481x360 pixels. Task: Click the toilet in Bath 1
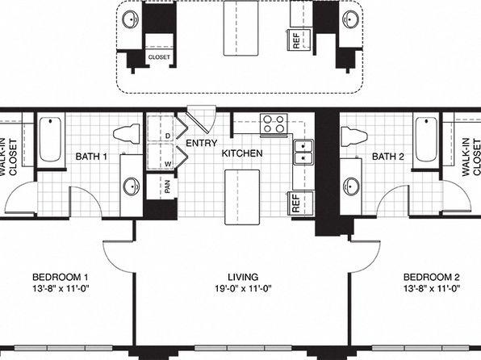click(127, 133)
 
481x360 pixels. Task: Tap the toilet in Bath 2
click(354, 135)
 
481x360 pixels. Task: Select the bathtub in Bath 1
click(51, 140)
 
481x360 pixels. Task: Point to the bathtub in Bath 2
click(426, 140)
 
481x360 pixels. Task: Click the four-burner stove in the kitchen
click(274, 123)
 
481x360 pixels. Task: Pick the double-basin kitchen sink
click(303, 153)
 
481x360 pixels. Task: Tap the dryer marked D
click(160, 128)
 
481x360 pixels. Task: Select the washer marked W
click(160, 157)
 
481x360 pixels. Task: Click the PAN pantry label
click(167, 186)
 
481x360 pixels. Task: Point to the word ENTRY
click(202, 143)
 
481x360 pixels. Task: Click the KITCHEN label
click(242, 153)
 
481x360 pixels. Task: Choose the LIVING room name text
click(243, 277)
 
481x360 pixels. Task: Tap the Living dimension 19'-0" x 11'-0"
click(243, 288)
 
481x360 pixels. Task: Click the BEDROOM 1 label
click(60, 277)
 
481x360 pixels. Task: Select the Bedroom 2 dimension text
click(432, 288)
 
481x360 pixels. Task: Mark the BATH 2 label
click(388, 157)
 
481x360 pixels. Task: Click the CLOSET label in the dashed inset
click(159, 57)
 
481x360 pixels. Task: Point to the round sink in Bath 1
click(132, 186)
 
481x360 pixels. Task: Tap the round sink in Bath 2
click(351, 186)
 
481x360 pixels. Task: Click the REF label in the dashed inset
click(296, 41)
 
